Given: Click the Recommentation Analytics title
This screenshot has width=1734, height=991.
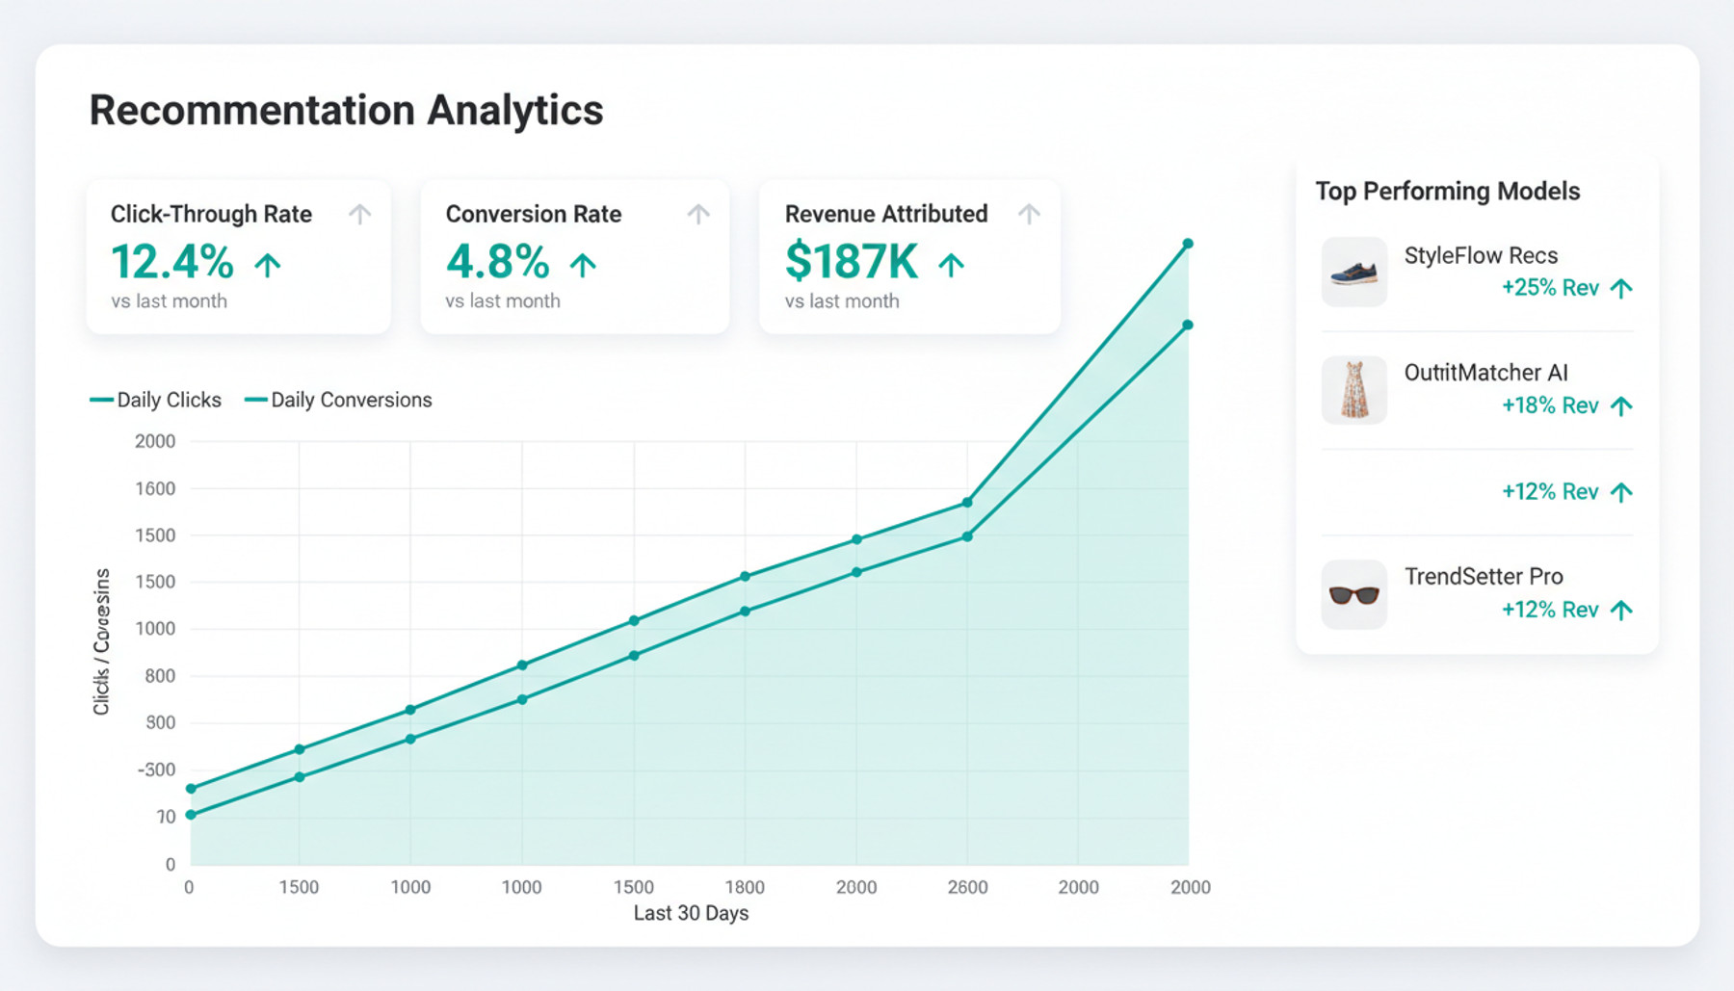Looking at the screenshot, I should pos(346,110).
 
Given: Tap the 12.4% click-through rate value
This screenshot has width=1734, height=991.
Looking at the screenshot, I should pos(172,262).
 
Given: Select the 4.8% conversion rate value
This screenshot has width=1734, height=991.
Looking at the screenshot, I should pos(497,262).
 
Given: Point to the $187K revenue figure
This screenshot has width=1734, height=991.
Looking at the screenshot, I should pos(852,262).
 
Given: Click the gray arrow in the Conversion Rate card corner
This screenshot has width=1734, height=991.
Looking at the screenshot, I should pos(698,214).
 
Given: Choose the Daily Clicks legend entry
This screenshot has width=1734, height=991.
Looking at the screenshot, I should pos(156,400).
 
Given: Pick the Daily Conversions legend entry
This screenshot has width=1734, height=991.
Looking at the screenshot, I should pos(339,400).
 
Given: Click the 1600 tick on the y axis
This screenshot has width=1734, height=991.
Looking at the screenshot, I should pos(155,488).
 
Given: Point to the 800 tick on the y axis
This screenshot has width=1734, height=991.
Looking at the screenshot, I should pos(160,676).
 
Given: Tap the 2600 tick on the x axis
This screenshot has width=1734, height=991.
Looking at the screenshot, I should pos(967,887).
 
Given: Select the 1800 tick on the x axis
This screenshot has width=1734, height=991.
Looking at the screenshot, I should pos(745,887).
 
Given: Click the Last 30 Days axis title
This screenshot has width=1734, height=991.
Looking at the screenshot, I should pos(691,913).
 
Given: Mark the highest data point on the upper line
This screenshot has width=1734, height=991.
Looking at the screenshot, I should pos(1188,244).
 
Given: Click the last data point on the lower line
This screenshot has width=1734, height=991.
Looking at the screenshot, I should pos(1188,326).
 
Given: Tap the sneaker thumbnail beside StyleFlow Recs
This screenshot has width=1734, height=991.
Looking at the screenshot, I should pos(1353,273).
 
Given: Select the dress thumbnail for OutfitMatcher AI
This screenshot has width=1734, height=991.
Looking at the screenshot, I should pos(1353,390).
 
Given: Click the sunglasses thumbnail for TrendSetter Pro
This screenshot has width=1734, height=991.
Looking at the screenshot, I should pos(1353,594).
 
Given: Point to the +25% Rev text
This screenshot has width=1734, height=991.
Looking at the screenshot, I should pos(1550,288).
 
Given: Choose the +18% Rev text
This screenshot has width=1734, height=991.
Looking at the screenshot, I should pos(1550,405).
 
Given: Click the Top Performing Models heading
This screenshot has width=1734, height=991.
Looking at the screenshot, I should pos(1448,191).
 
